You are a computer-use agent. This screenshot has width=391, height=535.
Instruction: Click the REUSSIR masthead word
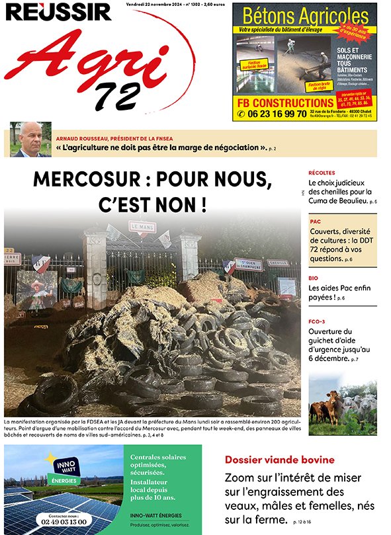pos(58,11)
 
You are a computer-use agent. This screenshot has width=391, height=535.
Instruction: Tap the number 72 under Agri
pos(116,97)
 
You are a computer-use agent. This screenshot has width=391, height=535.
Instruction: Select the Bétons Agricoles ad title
pos(305,16)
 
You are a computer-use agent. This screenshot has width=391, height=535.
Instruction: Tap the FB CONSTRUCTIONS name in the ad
pos(284,103)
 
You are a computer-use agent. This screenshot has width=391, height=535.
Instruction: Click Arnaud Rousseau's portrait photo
pos(30,140)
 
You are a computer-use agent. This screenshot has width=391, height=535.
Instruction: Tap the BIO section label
pos(314,278)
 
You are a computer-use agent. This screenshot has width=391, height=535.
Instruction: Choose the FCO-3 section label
pos(318,321)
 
